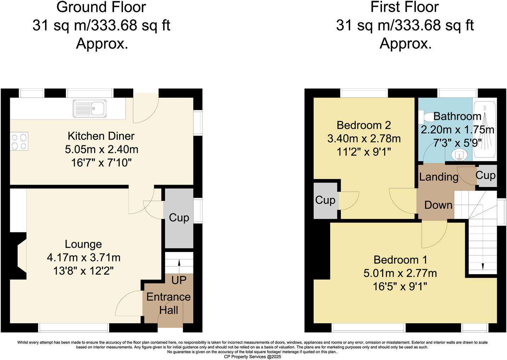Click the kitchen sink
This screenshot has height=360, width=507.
pos(90,108)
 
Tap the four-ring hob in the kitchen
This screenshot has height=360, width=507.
pos(19,141)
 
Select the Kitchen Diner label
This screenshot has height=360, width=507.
pos(101,136)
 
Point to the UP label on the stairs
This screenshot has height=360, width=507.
pos(179,280)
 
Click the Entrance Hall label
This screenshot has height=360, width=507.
pos(169,303)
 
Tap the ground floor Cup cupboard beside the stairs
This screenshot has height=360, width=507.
pos(179,218)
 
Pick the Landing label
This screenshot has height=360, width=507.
pos(439,176)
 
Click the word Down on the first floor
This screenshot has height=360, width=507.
pos(438,205)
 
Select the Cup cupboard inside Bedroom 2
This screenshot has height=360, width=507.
pos(325,200)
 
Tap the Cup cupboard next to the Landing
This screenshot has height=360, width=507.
pos(485,175)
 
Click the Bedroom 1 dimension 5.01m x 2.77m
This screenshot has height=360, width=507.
pos(400,273)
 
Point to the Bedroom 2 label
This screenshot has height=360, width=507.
pos(364,125)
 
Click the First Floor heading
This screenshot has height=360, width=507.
pos(404,7)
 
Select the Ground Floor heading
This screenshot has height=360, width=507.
pos(101,7)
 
